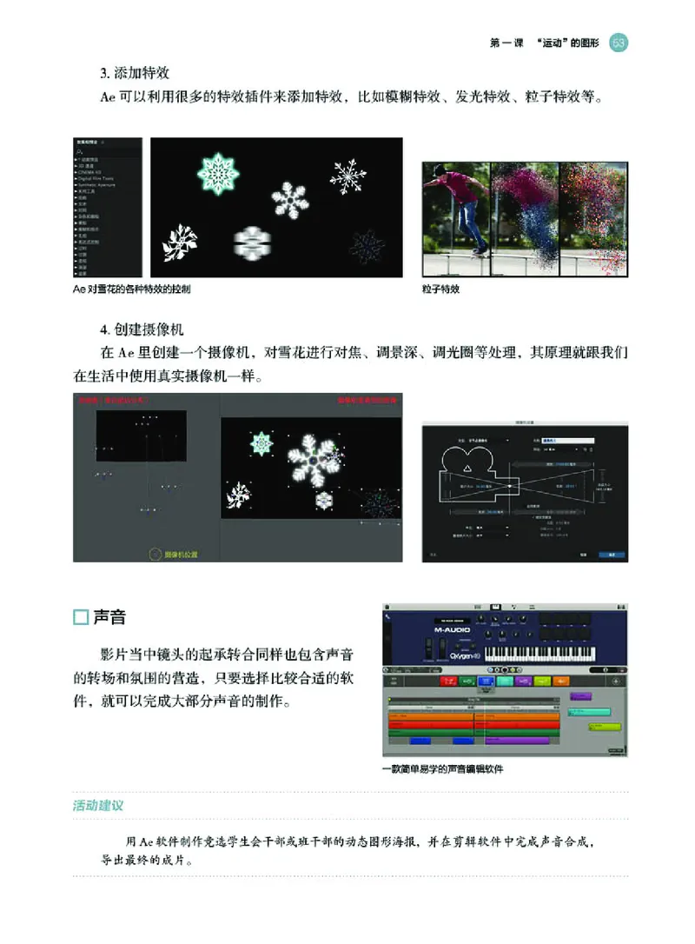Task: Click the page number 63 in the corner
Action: pyautogui.click(x=619, y=43)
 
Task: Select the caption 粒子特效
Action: pyautogui.click(x=441, y=289)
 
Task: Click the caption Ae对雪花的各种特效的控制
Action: pyautogui.click(x=131, y=289)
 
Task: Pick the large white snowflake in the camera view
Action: pyautogui.click(x=310, y=455)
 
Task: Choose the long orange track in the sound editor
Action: pyautogui.click(x=473, y=718)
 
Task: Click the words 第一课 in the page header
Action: pyautogui.click(x=507, y=43)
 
